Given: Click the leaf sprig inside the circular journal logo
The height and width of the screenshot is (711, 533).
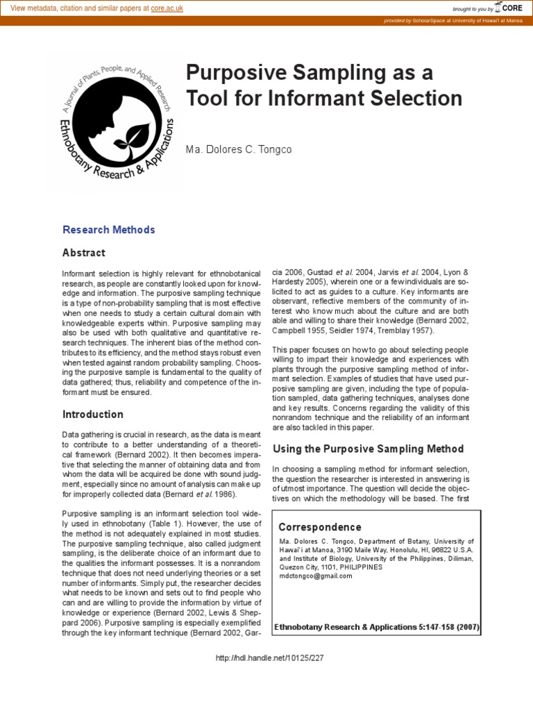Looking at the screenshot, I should point(131,135).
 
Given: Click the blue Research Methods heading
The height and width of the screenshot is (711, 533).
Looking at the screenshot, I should point(109,230).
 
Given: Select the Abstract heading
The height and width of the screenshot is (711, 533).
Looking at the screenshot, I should point(84,253).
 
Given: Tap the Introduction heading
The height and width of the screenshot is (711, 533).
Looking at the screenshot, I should point(93,415).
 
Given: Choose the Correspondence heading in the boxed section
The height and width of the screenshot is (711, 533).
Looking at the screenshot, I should point(320,527).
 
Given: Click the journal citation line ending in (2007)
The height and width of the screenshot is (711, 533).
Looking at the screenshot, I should point(377,627).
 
